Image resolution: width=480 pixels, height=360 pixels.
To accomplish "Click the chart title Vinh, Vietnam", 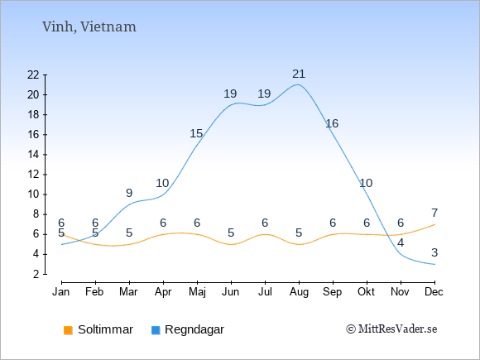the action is [x=89, y=27].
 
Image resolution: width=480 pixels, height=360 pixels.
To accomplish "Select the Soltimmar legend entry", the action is [x=98, y=329].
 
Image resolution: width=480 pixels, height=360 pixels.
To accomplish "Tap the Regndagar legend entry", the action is [x=188, y=329].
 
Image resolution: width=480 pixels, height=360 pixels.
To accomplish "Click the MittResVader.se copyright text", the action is [x=391, y=329].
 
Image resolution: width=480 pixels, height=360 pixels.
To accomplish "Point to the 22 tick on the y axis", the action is [x=33, y=74].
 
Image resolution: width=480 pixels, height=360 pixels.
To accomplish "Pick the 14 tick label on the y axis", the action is [x=33, y=154].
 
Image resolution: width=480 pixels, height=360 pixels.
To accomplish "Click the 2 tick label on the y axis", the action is [x=36, y=274].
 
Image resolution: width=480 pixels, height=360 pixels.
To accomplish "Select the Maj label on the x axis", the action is [x=197, y=292].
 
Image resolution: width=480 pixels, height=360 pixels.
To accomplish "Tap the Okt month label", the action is [x=366, y=291].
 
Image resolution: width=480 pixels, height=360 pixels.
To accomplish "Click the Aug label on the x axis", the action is [x=299, y=292].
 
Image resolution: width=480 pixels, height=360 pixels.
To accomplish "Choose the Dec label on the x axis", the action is [x=434, y=291].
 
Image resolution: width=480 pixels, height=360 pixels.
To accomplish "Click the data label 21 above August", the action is [x=299, y=74].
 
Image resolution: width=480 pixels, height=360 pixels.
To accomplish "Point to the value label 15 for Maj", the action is [x=196, y=133].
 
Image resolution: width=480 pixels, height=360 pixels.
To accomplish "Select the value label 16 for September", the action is [x=332, y=123].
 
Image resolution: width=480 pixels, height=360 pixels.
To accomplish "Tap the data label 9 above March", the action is [x=129, y=193].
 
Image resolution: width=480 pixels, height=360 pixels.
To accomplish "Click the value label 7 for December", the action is [x=434, y=213].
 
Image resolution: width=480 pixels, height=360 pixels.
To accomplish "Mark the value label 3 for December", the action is [x=434, y=253].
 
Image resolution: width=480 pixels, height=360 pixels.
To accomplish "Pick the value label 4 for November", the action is [x=401, y=243].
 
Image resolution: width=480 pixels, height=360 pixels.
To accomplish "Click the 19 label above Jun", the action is [x=230, y=94].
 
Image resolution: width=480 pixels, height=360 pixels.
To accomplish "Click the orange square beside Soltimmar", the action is [x=68, y=330].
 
